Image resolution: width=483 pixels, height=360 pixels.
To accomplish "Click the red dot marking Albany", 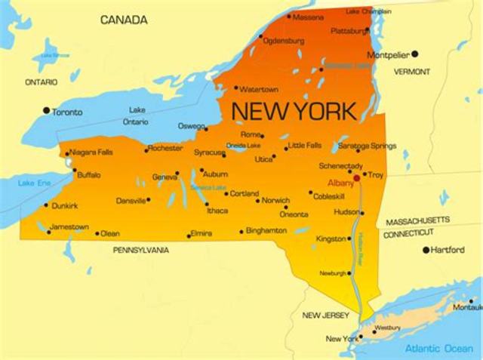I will [356, 179].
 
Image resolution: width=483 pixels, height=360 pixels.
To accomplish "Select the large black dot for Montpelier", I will [414, 54].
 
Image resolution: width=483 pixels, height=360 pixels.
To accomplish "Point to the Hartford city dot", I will [426, 250].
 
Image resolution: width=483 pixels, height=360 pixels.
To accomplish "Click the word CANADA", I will [125, 20].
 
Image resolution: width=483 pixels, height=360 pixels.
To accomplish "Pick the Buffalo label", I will [88, 175].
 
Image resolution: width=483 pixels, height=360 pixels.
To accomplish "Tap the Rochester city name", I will [165, 148].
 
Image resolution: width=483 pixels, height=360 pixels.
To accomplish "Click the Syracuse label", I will [209, 152].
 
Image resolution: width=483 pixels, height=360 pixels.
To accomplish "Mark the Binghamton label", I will [266, 230].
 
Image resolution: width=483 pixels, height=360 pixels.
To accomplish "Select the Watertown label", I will [259, 89].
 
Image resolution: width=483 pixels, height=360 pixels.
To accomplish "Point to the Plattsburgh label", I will [351, 31].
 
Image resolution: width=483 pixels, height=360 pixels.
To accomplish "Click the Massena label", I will [307, 16].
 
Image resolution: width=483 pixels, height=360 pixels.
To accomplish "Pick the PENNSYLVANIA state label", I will [141, 250].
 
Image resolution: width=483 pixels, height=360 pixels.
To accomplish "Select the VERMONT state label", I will [412, 72].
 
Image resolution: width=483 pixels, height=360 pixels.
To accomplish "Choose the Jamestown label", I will [69, 226].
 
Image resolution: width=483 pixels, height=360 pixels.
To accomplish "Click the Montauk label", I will [467, 307].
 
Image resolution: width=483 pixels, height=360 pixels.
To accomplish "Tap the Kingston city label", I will [331, 238].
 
